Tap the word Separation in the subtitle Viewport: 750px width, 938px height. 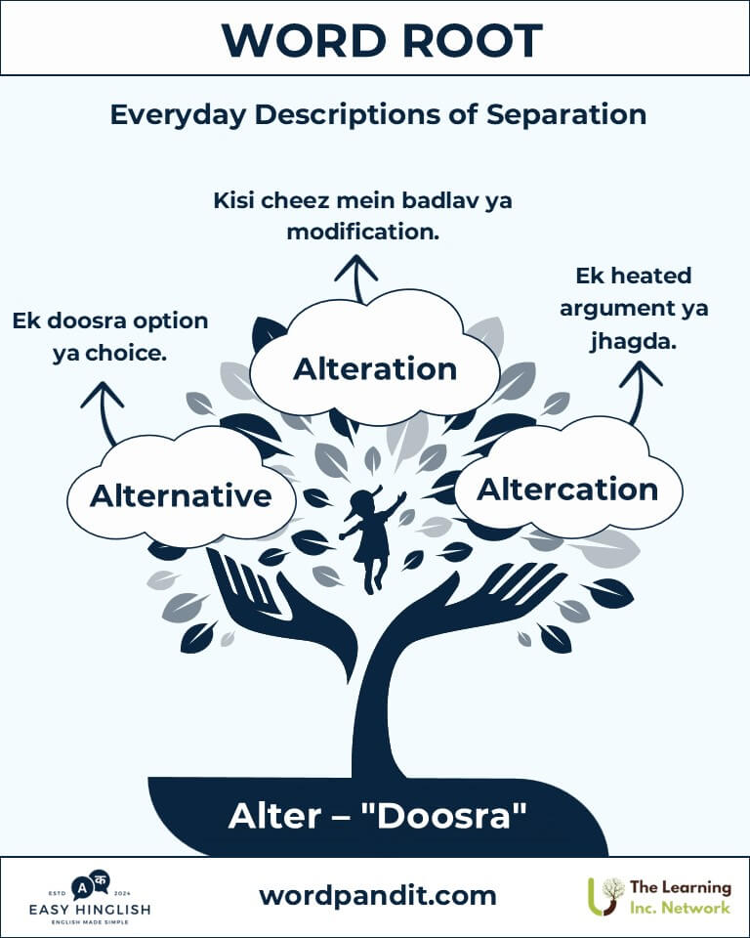[565, 115]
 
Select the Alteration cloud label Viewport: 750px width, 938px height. [375, 368]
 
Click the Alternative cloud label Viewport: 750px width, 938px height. [181, 496]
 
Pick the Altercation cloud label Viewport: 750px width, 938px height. [567, 490]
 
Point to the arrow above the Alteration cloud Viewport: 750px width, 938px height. [356, 278]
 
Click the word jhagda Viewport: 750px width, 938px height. [633, 342]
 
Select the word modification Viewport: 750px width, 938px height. [363, 232]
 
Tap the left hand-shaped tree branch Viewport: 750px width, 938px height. [281, 610]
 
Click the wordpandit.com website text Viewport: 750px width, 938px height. [378, 896]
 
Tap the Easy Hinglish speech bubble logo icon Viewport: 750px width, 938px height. [90, 885]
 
